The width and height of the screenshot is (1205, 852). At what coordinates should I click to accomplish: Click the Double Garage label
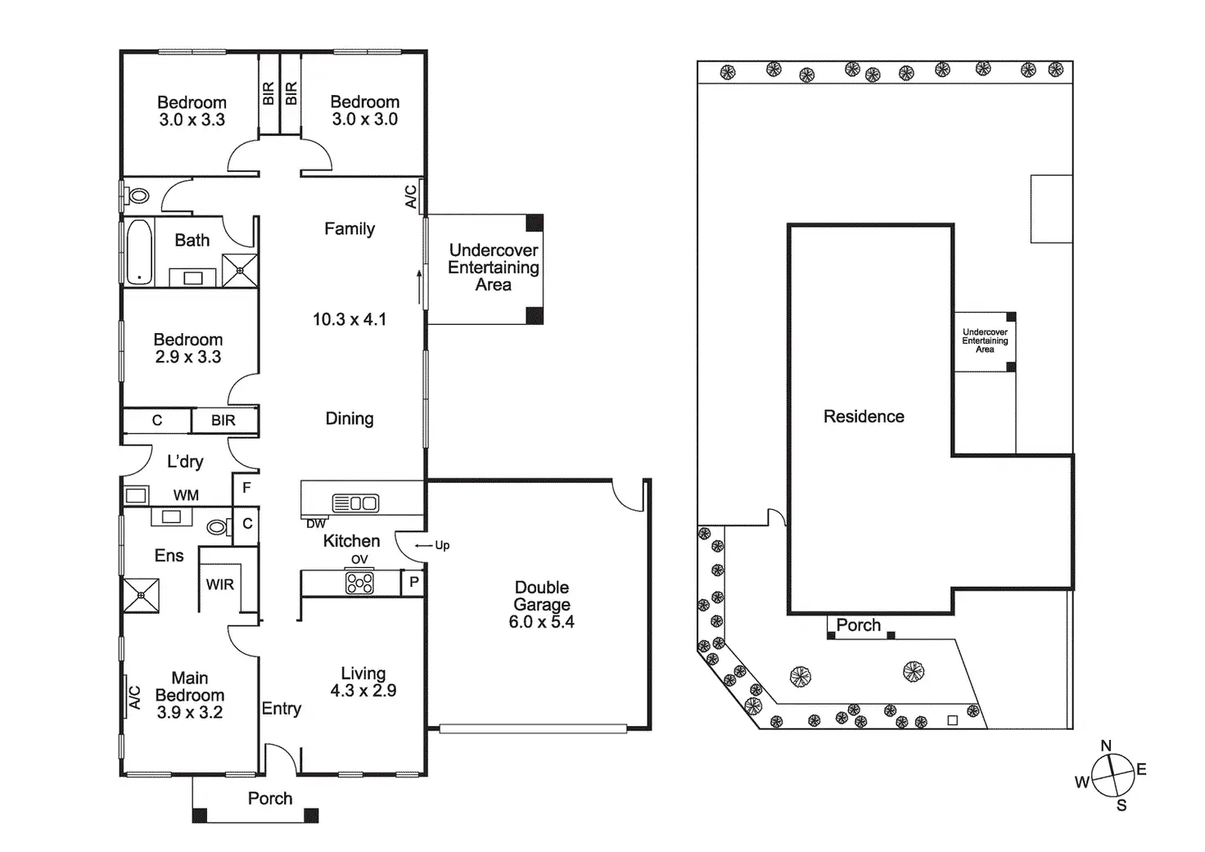click(x=541, y=596)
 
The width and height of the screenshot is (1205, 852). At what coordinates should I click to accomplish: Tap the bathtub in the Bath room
click(x=139, y=251)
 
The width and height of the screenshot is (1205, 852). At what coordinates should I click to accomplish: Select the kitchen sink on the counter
click(x=356, y=503)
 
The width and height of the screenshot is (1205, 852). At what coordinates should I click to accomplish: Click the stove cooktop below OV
click(x=360, y=583)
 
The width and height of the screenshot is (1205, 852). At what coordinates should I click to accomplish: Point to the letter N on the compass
click(x=1106, y=746)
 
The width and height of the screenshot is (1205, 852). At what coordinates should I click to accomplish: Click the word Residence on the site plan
click(x=864, y=417)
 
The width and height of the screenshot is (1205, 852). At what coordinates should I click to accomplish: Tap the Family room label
click(x=350, y=229)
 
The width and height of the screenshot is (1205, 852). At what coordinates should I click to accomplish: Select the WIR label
click(x=219, y=584)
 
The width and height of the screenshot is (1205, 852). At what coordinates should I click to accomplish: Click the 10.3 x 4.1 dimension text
click(x=350, y=319)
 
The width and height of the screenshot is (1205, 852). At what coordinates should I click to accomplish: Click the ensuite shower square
click(x=141, y=595)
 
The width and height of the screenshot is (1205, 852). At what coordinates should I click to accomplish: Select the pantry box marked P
click(x=414, y=583)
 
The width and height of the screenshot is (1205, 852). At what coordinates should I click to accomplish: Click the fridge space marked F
click(x=246, y=488)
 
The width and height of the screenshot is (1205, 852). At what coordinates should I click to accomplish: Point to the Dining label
click(x=350, y=419)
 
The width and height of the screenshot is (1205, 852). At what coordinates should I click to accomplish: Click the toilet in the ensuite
click(x=218, y=527)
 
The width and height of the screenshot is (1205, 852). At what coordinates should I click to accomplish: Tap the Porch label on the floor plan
click(x=270, y=798)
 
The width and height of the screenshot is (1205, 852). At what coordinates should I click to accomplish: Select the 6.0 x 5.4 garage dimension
click(x=541, y=622)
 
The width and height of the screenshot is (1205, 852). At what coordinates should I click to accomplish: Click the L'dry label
click(x=185, y=462)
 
